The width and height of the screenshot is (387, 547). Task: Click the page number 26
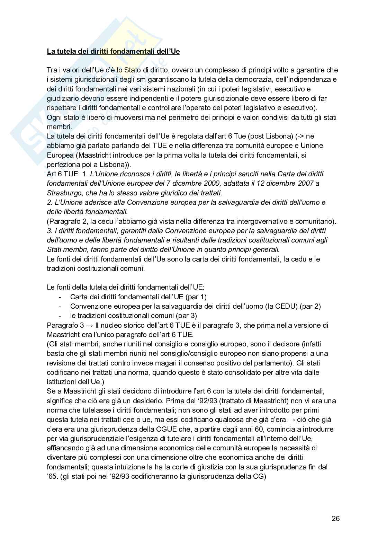point(335,518)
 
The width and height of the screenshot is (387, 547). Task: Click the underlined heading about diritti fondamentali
point(113,52)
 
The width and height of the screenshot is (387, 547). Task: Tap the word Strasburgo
point(61,193)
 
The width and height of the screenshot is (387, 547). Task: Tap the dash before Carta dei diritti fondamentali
point(61,297)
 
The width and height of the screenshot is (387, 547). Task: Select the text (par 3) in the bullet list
point(187,316)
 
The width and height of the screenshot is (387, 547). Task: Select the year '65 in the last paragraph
point(52,476)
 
